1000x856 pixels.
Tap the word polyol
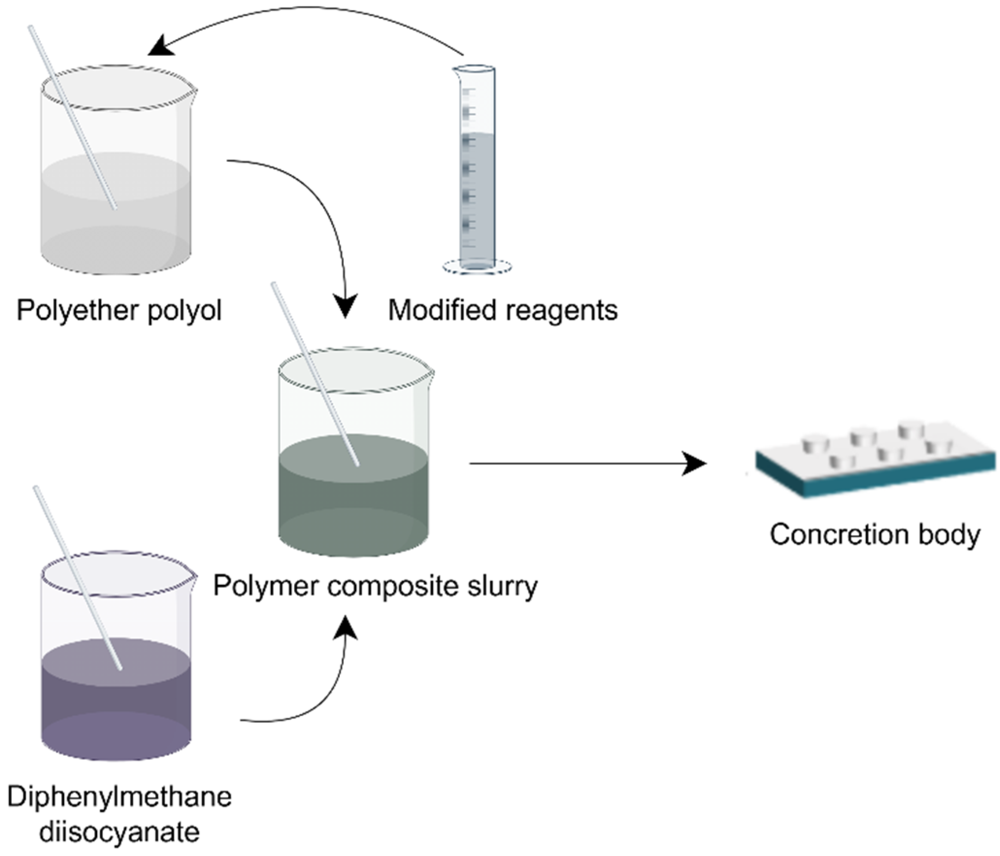point(184,311)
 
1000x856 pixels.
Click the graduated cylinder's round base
point(477,266)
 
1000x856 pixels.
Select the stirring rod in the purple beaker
point(78,577)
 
